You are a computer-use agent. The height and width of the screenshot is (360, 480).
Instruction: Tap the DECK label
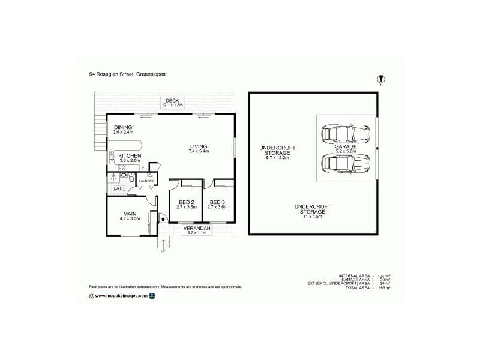173,100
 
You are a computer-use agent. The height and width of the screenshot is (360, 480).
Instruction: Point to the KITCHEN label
130,155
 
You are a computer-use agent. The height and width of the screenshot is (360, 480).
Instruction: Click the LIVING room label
199,146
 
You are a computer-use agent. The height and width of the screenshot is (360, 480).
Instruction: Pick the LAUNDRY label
147,181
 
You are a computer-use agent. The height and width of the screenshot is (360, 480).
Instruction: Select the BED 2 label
186,202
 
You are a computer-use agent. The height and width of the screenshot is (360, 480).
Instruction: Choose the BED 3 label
217,202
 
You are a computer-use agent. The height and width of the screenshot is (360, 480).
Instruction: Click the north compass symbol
380,79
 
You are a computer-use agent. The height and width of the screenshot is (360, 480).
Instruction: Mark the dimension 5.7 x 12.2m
274,158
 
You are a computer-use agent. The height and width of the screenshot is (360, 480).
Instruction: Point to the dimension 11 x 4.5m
310,217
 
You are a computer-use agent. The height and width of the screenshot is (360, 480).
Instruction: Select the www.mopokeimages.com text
121,296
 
